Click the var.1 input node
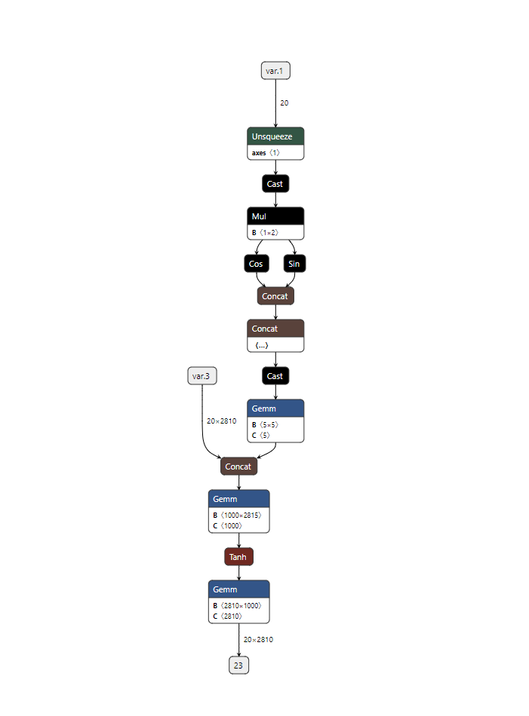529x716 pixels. pyautogui.click(x=275, y=71)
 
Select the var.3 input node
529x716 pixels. pyautogui.click(x=202, y=376)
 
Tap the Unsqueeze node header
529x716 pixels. pyautogui.click(x=275, y=136)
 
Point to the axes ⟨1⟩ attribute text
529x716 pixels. pyautogui.click(x=266, y=152)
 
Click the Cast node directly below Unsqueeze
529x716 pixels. pyautogui.click(x=275, y=184)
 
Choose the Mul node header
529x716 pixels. pyautogui.click(x=275, y=216)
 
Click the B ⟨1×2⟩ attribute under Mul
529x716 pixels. pyautogui.click(x=265, y=232)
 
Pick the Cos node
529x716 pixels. pyautogui.click(x=257, y=264)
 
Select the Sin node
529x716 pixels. pyautogui.click(x=294, y=264)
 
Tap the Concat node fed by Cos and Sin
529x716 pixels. pyautogui.click(x=275, y=296)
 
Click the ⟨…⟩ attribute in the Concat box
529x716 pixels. pyautogui.click(x=262, y=345)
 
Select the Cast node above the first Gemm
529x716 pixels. pyautogui.click(x=275, y=376)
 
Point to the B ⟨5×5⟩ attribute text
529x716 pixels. pyautogui.click(x=265, y=424)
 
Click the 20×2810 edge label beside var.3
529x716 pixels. pyautogui.click(x=221, y=421)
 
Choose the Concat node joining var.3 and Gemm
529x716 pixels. pyautogui.click(x=238, y=467)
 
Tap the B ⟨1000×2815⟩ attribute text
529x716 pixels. pyautogui.click(x=237, y=515)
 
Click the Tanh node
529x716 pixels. pyautogui.click(x=238, y=557)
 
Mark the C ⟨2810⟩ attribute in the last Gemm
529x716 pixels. pyautogui.click(x=227, y=616)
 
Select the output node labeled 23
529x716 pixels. pyautogui.click(x=238, y=665)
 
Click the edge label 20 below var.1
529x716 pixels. pyautogui.click(x=284, y=103)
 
